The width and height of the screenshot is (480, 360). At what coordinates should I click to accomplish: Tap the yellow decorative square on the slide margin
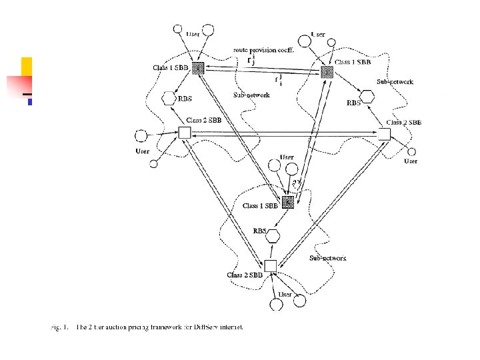[27, 66]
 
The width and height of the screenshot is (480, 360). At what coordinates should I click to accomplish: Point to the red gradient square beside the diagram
[19, 87]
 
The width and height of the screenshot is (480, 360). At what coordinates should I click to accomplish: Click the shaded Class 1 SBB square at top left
[199, 68]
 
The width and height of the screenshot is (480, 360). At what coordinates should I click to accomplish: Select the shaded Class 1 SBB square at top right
[327, 71]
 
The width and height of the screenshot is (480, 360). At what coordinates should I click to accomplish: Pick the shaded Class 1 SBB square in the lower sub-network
[288, 203]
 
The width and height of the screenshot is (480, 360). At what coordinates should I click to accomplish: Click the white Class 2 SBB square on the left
[185, 133]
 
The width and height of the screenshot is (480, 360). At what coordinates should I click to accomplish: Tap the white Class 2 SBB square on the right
[384, 134]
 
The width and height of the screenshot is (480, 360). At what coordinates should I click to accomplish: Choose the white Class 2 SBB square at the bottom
[270, 266]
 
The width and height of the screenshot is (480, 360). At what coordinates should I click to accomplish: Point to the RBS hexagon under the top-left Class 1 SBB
[169, 99]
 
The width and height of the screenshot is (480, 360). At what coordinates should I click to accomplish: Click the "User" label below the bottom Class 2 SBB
[285, 294]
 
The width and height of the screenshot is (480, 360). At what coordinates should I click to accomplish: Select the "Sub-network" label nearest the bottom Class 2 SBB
[327, 257]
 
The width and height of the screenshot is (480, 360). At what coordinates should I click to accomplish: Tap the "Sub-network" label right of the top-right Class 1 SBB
[395, 82]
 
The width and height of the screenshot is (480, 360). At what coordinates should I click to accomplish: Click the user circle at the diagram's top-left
[177, 31]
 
